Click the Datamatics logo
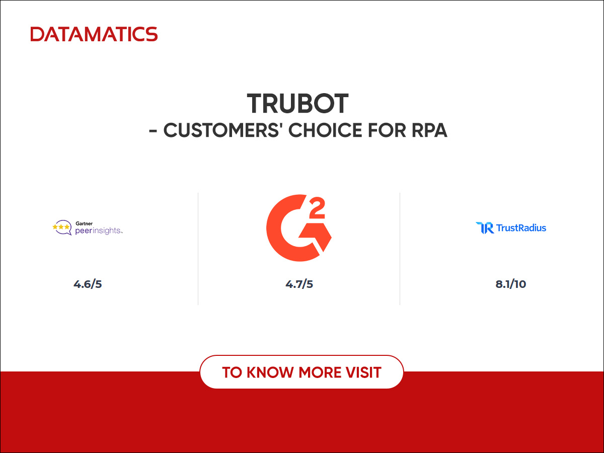pos(94,34)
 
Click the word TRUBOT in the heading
pos(298,104)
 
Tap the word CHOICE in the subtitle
pos(324,130)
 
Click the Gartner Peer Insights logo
pos(88,228)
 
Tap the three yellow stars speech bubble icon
pos(61,228)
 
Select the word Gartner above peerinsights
pos(84,222)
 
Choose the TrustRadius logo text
pos(521,228)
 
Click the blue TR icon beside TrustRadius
pos(484,228)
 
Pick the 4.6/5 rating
pos(88,284)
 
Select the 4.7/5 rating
pos(299,284)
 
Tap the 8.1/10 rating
pos(510,284)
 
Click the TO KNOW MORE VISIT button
pos(301,372)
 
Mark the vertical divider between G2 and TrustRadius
pos(400,249)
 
